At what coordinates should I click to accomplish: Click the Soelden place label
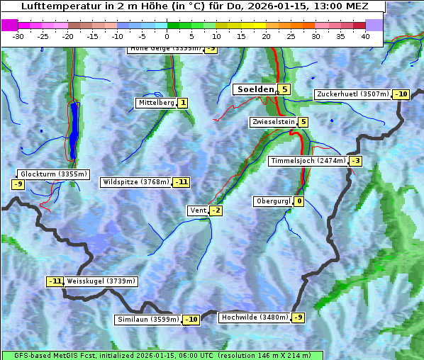point(255,89)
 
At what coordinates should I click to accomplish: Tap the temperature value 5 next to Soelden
point(284,89)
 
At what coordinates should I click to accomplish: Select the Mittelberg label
point(156,103)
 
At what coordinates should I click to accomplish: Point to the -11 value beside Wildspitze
point(182,182)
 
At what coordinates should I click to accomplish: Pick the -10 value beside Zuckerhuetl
point(401,94)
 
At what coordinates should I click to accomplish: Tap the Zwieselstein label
point(273,122)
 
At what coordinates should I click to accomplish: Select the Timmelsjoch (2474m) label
point(308,161)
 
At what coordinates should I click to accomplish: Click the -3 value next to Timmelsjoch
point(355,161)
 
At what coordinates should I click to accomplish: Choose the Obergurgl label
point(273,201)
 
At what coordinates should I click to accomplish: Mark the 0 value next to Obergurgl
point(299,201)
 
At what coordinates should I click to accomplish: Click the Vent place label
point(198,210)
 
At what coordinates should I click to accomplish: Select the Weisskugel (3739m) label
point(101,281)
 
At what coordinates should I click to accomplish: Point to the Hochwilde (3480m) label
point(255,317)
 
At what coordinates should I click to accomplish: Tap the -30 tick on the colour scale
point(18,36)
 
